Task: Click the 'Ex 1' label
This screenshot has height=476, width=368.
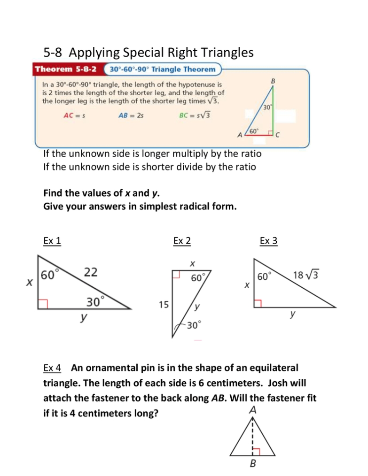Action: coord(52,241)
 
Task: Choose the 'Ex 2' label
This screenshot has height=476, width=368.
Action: coord(182,241)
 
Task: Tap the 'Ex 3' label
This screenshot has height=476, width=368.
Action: coord(268,241)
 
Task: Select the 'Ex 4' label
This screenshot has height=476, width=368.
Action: coord(52,367)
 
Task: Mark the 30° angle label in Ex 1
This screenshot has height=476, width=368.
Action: coord(95,301)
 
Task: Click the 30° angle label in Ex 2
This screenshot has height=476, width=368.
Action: coord(194,324)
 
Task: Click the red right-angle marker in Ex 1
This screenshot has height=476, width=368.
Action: coord(43,304)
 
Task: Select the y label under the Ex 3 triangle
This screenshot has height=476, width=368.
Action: coord(292,315)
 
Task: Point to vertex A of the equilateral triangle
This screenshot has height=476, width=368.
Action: coord(253,410)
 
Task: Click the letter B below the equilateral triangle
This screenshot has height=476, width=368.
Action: coord(253,464)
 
